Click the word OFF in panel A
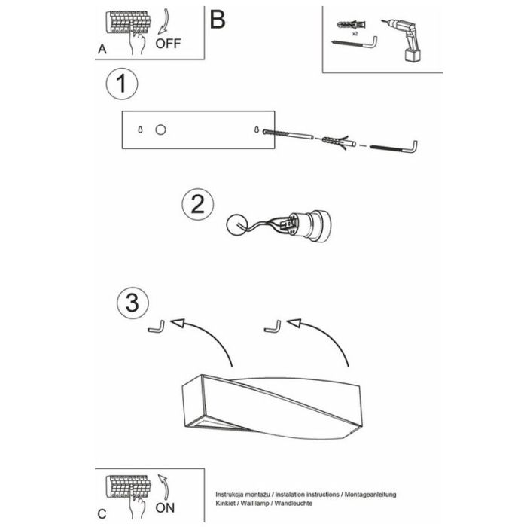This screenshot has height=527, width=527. pos(168,44)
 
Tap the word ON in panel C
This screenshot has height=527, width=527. pos(165,507)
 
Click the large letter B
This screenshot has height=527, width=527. pos(218,20)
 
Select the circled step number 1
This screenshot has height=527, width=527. pos(122,84)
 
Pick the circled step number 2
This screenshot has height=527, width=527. pos(197,204)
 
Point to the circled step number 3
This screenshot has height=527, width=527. pos(133,303)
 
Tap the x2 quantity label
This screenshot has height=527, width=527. pos(355,34)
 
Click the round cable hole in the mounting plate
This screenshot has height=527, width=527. pos(160,129)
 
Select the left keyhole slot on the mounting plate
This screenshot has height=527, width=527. pos(140,129)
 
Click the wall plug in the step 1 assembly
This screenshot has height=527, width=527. pos(339,142)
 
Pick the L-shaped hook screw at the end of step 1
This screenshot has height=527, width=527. pos(393,148)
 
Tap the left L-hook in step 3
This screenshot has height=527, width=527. pos(157,327)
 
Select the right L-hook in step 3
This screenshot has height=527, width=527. pos(273,327)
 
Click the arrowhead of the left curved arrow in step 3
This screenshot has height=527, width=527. pos(178,323)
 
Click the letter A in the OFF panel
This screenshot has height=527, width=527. pos(102,50)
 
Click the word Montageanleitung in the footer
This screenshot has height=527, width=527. pos(370,495)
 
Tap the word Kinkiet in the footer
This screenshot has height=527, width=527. pos(226,503)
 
